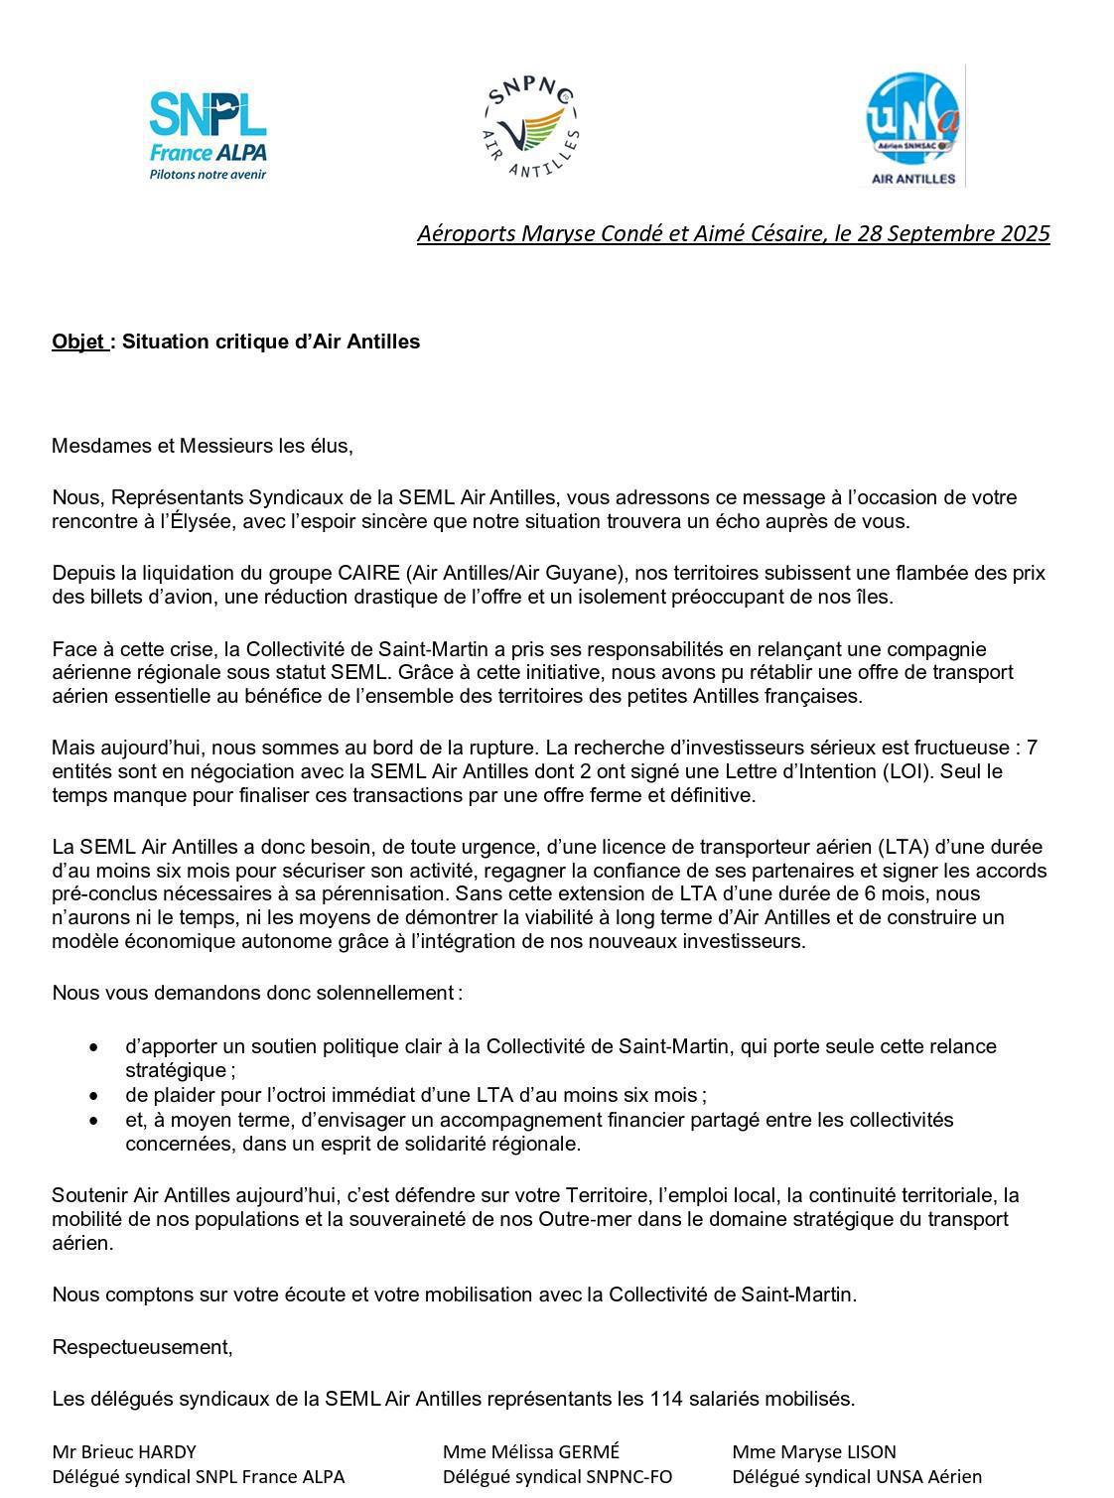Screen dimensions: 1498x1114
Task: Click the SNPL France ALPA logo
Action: tap(208, 133)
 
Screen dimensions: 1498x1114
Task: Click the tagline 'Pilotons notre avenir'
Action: tap(208, 175)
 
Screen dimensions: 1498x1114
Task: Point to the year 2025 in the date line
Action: tap(1025, 233)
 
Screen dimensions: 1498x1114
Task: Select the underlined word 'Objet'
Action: tap(78, 342)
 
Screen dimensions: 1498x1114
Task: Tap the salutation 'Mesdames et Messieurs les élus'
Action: tap(201, 446)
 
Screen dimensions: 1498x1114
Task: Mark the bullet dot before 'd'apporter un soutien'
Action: tap(94, 1047)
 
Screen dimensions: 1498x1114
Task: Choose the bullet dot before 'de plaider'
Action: tap(94, 1096)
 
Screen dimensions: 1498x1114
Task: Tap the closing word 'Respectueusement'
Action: tap(141, 1347)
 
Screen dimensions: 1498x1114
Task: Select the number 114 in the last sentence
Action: tap(667, 1399)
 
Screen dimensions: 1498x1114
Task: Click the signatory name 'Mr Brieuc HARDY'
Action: tap(124, 1451)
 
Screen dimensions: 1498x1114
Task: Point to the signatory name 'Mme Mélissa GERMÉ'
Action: tap(531, 1451)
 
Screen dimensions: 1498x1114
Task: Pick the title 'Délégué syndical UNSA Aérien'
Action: tap(857, 1476)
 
